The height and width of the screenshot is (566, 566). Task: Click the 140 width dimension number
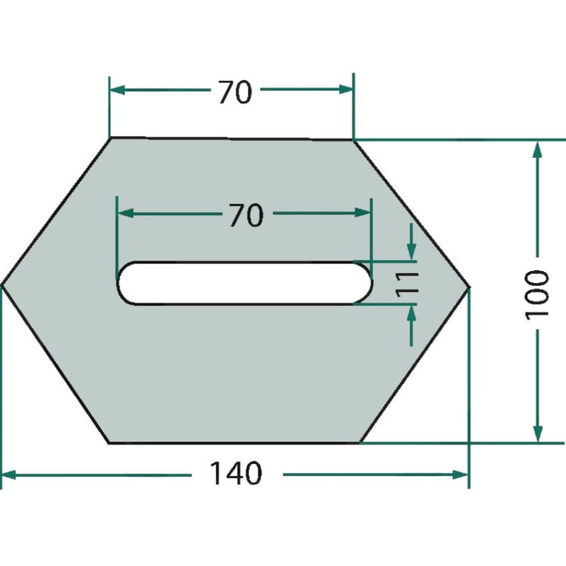[x=235, y=473]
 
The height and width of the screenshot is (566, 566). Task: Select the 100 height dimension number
[x=537, y=295]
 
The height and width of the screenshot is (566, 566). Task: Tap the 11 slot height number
[x=408, y=284]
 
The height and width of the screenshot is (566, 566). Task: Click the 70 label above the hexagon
[x=235, y=92]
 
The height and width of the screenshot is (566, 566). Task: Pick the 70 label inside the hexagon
[x=247, y=216]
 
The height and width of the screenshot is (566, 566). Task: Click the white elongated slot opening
[x=245, y=283]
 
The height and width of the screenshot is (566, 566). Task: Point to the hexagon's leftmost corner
[x=2, y=285]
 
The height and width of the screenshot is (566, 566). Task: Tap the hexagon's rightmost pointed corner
[x=469, y=287]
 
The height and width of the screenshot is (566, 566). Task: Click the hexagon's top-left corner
[x=110, y=137]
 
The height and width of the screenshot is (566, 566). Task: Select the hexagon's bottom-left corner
[x=109, y=442]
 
